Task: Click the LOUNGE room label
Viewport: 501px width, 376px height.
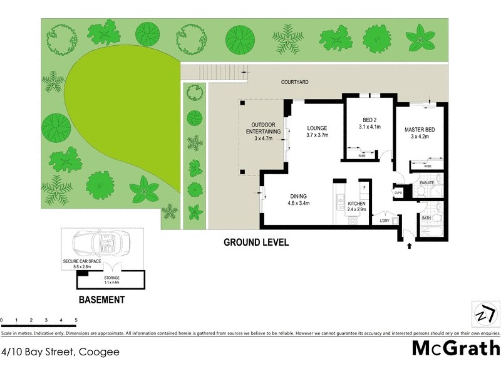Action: pos(318,128)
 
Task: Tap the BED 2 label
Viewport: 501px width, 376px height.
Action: pos(369,120)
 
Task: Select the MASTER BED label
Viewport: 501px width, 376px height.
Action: pos(419,130)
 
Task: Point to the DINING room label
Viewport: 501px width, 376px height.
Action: pos(299,195)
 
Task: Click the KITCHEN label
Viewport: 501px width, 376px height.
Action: pos(356,204)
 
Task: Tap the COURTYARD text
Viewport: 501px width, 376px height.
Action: pos(296,82)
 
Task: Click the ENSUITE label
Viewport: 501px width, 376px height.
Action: pos(427,184)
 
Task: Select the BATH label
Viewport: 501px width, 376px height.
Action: pos(426,217)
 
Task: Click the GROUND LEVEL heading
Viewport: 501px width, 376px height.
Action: pos(257,243)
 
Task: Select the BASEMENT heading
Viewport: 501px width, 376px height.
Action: pos(101,300)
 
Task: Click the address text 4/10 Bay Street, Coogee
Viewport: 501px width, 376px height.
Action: pos(61,352)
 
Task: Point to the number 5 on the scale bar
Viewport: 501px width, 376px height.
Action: pos(76,320)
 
